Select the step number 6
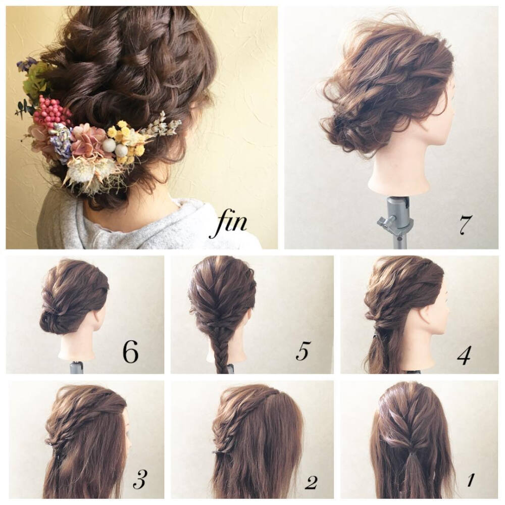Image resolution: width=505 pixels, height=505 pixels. pyautogui.click(x=130, y=352)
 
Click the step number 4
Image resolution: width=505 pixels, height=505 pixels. pyautogui.click(x=463, y=355)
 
